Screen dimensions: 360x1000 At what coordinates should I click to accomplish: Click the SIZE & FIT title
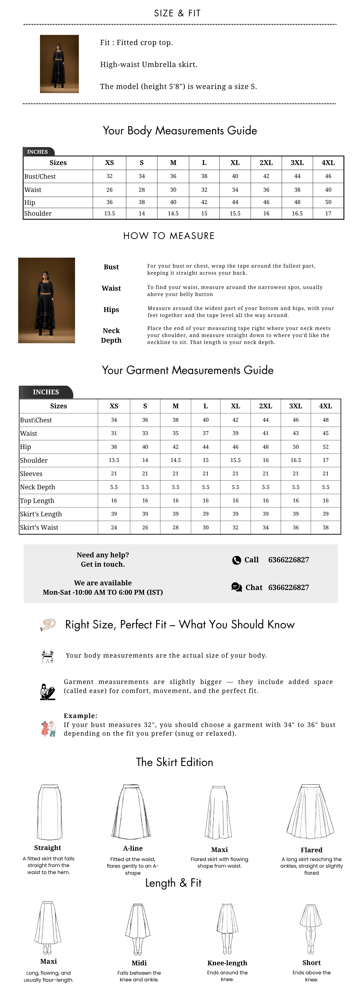(x=177, y=13)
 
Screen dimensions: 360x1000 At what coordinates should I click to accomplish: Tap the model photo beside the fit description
(x=59, y=64)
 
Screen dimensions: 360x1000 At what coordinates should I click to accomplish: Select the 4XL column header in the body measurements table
(x=328, y=163)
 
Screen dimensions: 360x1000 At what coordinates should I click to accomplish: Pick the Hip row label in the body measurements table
(x=30, y=202)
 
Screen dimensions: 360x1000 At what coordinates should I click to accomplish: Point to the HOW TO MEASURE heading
(x=169, y=236)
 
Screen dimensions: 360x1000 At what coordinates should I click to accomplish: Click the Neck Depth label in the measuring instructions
(x=111, y=335)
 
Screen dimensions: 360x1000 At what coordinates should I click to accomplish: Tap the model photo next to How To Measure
(x=47, y=300)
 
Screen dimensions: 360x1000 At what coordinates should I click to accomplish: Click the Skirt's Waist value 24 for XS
(x=114, y=527)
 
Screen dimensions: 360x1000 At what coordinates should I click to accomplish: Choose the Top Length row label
(x=37, y=500)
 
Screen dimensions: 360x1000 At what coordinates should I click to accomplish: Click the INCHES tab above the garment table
(x=46, y=392)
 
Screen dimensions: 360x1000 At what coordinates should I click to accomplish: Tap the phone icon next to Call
(x=237, y=560)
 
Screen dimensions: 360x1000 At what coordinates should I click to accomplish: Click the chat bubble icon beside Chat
(x=237, y=587)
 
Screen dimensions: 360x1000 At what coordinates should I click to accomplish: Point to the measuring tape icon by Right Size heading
(x=48, y=624)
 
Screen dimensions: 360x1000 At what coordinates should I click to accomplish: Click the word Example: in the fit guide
(x=80, y=715)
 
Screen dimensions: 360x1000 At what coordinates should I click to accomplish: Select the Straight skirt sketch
(x=49, y=812)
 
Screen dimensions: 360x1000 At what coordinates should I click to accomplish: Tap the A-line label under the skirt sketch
(x=133, y=848)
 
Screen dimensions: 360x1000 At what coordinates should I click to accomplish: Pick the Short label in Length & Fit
(x=311, y=962)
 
